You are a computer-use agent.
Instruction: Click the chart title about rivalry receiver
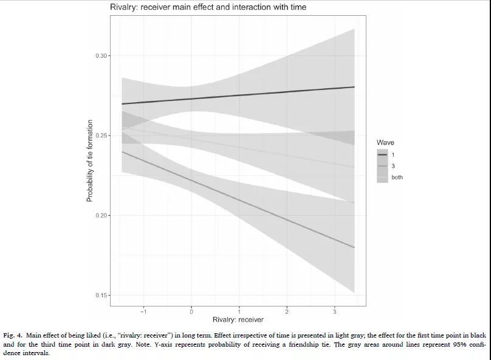click(x=208, y=7)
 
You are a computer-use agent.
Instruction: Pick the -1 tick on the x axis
click(x=143, y=312)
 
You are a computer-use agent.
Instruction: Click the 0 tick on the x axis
click(x=191, y=312)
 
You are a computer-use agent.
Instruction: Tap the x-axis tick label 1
click(x=239, y=312)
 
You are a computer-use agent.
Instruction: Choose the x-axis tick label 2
click(x=287, y=312)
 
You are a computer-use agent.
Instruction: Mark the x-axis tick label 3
click(x=335, y=312)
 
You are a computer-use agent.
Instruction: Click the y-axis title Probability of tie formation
click(x=89, y=161)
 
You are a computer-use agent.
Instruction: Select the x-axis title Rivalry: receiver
click(x=238, y=320)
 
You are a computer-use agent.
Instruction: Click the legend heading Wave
click(x=385, y=143)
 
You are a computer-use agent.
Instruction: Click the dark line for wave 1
click(x=243, y=95)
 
